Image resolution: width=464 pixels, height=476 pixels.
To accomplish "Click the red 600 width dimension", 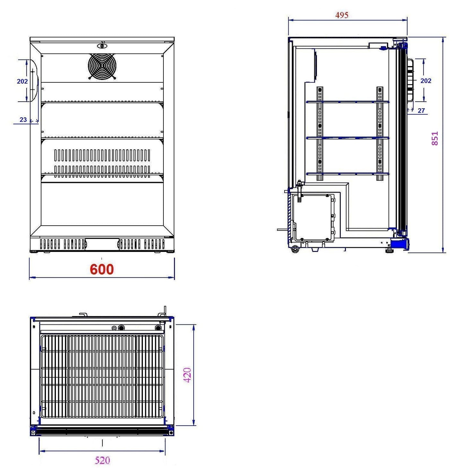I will click(x=101, y=269).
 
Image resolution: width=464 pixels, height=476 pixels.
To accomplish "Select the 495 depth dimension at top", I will click(x=342, y=15).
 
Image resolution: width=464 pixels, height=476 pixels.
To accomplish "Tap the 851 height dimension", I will click(x=434, y=138).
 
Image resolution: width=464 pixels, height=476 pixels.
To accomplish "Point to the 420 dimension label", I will click(x=187, y=375).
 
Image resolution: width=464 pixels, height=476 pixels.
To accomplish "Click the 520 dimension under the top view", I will click(x=102, y=460).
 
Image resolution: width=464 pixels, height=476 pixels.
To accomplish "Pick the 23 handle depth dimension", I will click(x=23, y=120).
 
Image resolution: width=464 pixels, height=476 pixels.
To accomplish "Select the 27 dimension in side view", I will click(x=421, y=111).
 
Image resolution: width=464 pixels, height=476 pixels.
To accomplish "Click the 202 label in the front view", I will click(x=22, y=81).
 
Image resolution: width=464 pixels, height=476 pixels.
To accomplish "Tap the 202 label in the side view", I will click(x=425, y=81).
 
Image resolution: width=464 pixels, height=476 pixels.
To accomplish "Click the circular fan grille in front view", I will click(x=102, y=66).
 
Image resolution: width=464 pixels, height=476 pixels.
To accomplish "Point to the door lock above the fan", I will click(x=102, y=46).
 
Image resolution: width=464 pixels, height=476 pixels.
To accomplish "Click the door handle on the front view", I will click(x=34, y=81).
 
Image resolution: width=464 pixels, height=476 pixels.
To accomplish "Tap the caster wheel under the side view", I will click(x=294, y=249).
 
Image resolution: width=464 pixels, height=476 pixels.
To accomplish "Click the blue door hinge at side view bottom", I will click(x=400, y=244).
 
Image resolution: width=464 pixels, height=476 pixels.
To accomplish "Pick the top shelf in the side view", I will click(x=347, y=102).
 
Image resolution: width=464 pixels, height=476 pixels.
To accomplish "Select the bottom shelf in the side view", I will click(x=347, y=174).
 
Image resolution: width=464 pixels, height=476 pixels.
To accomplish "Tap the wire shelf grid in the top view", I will click(x=102, y=376).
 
